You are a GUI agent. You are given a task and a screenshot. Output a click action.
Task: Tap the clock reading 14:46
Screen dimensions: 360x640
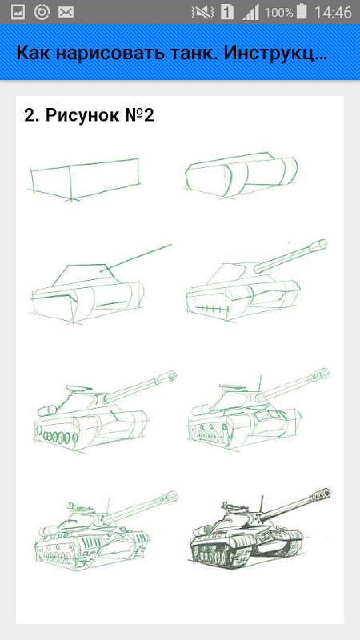333,13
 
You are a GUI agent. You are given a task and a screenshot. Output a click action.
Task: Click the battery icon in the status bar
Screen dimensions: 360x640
302,12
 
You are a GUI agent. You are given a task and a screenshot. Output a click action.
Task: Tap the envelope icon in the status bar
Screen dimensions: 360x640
66,13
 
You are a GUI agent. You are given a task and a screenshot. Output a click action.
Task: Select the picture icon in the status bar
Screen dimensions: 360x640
18,13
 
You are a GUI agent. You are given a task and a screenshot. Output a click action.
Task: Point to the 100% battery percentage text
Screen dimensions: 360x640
278,13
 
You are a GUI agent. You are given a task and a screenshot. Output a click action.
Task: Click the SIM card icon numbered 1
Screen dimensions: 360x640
227,12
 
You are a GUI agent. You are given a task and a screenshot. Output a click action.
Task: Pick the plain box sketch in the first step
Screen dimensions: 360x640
86,178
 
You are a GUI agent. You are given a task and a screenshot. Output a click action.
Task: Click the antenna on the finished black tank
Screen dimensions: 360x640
262,505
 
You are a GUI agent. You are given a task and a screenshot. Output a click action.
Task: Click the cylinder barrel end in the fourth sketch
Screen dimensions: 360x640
318,245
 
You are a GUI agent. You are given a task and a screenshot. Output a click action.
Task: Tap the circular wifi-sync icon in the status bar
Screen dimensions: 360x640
42,12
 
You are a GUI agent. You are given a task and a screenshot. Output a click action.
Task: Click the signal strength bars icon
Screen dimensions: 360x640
250,13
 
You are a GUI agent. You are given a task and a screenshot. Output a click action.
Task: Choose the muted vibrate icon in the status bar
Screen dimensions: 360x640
202,13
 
